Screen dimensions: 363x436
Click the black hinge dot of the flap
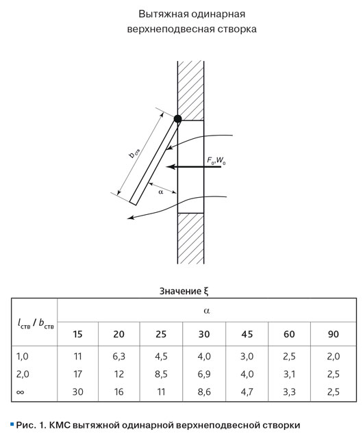(x=177, y=119)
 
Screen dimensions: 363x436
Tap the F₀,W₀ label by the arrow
(x=216, y=161)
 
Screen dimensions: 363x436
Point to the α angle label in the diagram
(x=161, y=192)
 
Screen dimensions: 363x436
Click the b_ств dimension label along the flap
(x=135, y=153)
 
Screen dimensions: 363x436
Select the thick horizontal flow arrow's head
(x=171, y=167)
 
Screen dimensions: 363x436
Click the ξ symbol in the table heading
(x=206, y=291)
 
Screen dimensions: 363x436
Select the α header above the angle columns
(x=206, y=311)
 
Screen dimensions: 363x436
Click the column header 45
(x=247, y=334)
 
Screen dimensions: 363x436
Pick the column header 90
(x=334, y=334)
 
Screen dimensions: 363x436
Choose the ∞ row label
(x=21, y=392)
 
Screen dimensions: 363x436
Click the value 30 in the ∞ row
(x=78, y=392)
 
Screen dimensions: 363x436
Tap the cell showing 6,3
(x=118, y=356)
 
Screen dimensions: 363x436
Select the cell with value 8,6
(x=204, y=392)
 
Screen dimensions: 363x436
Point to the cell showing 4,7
(x=247, y=392)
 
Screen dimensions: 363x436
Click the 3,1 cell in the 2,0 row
(x=289, y=374)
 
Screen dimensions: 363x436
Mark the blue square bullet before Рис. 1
(x=12, y=424)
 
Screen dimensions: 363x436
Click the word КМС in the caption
(x=60, y=425)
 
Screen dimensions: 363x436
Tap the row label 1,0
(x=22, y=356)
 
